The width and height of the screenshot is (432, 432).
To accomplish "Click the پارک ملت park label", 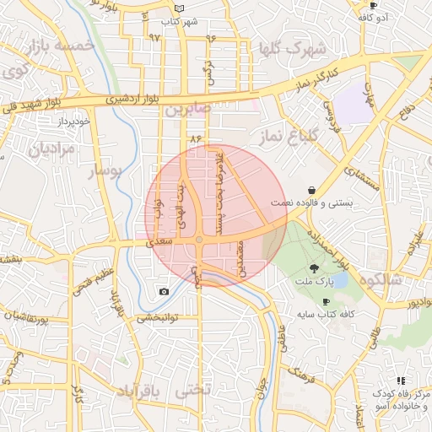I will click(316, 279).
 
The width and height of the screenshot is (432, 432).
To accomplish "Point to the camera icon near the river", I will click(163, 292).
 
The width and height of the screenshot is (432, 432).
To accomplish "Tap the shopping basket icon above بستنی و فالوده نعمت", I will click(312, 191).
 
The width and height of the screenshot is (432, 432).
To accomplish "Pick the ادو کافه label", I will click(372, 17).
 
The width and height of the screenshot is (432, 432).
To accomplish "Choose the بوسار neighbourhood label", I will click(105, 172).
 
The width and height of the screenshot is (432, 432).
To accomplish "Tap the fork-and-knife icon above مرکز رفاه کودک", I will click(401, 381).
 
